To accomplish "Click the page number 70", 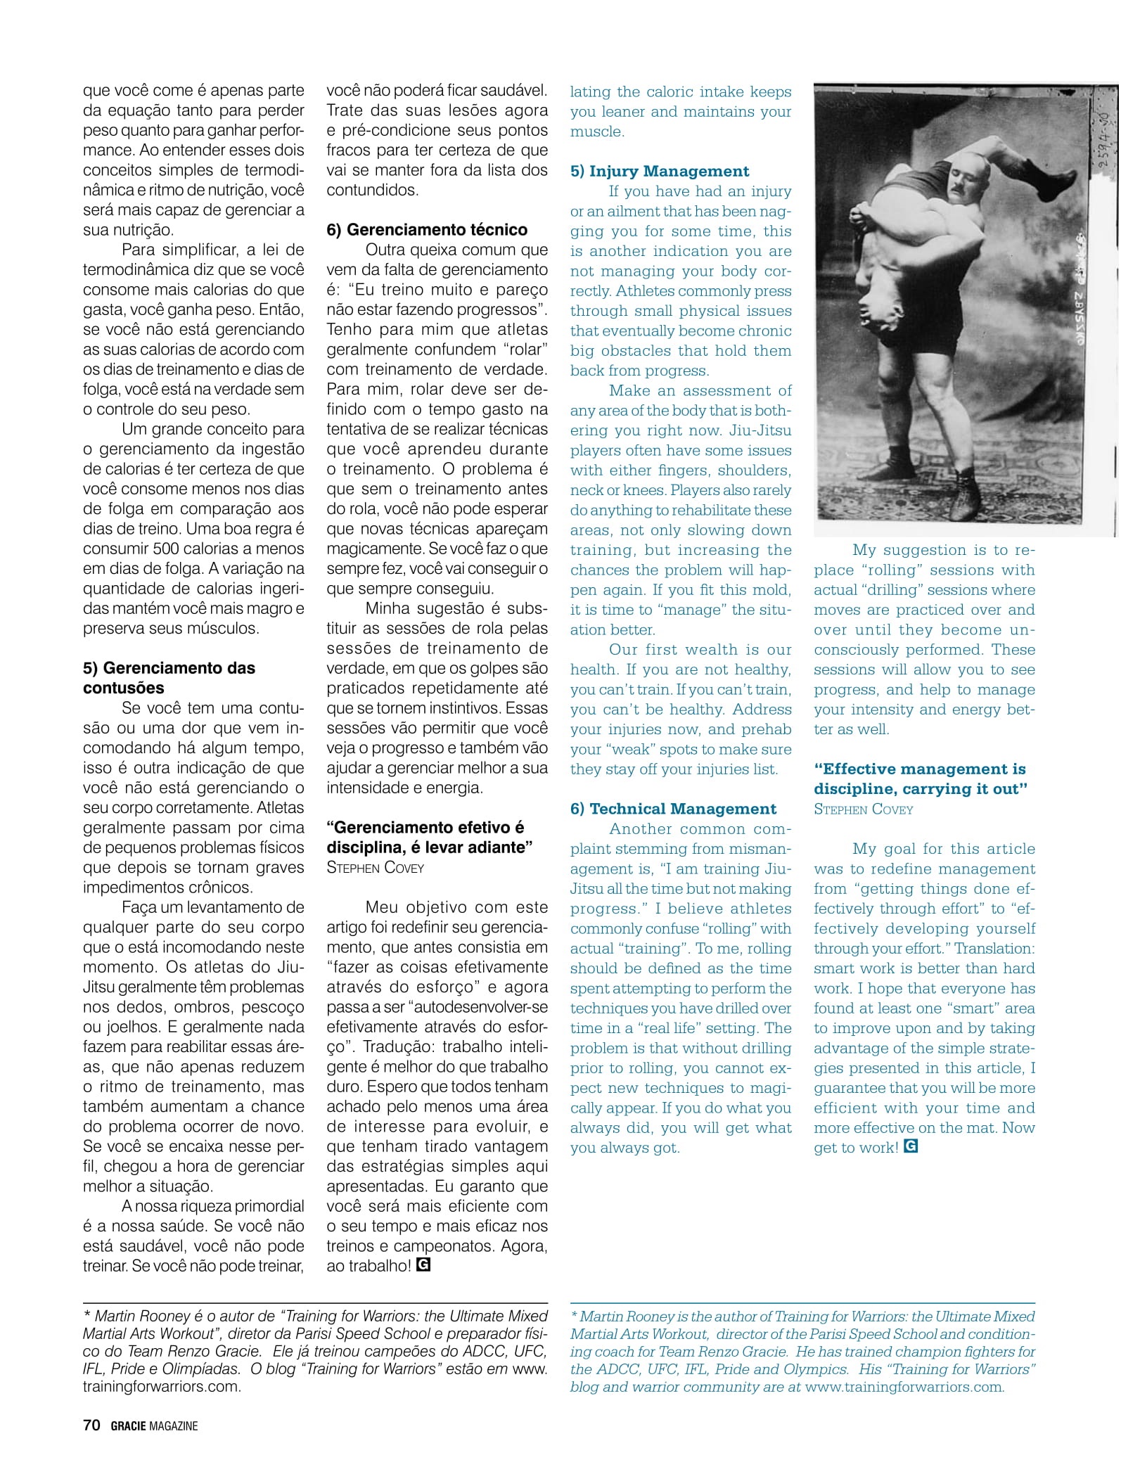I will [91, 1426].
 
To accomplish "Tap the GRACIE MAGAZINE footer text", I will [154, 1426].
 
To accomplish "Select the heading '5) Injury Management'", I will [659, 171].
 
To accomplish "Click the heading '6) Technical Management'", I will [673, 809].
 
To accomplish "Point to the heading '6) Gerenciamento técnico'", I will [426, 230].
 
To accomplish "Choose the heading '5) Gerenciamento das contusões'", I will [169, 678].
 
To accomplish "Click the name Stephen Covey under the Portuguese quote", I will [375, 868].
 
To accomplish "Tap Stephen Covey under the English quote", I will [863, 809].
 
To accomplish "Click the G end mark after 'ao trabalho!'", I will [423, 1265].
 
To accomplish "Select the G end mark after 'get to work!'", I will [911, 1147].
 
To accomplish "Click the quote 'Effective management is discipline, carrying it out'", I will [920, 779].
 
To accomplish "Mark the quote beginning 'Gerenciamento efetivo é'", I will [426, 837].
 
